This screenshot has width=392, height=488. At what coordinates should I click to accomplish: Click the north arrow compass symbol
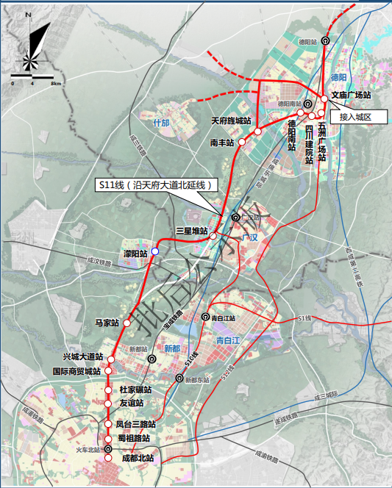pyautogui.click(x=32, y=46)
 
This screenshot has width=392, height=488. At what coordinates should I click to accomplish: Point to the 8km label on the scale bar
pyautogui.click(x=55, y=83)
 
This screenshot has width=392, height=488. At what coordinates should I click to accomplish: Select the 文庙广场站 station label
pyautogui.click(x=350, y=95)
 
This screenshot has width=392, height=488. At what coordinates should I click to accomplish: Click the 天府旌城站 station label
pyautogui.click(x=231, y=121)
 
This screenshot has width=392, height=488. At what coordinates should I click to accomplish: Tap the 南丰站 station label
pyautogui.click(x=221, y=141)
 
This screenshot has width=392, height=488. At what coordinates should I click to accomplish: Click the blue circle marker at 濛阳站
pyautogui.click(x=154, y=251)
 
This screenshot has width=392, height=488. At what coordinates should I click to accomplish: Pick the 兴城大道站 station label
pyautogui.click(x=82, y=356)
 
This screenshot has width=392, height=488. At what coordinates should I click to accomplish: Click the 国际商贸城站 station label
pyautogui.click(x=76, y=372)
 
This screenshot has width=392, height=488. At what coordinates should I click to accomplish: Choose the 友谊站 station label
pyautogui.click(x=131, y=403)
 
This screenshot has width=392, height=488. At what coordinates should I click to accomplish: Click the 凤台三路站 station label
pyautogui.click(x=136, y=425)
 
